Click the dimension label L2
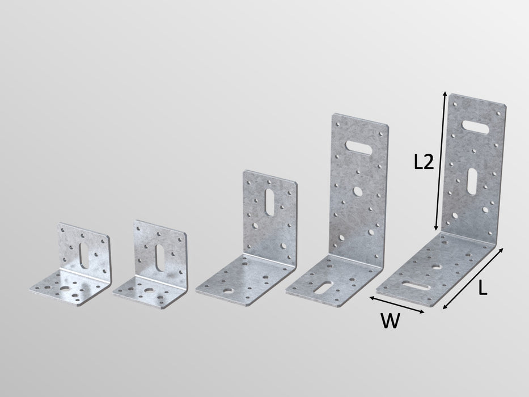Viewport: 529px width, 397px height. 424,162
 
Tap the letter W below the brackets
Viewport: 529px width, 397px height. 389,322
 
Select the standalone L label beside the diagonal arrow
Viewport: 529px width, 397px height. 482,289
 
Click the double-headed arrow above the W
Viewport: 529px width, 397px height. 396,305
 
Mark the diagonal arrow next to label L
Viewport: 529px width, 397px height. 473,278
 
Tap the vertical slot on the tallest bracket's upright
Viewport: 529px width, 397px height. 472,180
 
